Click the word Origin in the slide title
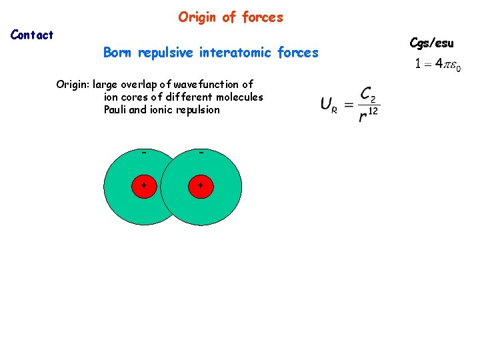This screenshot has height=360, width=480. click(198, 17)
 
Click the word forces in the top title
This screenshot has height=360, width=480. click(263, 17)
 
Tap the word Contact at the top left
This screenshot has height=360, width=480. click(32, 35)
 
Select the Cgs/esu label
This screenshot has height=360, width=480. click(431, 43)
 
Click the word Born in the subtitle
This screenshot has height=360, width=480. click(118, 53)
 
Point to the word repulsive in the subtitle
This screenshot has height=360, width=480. click(166, 53)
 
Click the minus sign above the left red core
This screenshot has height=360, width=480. click(143, 153)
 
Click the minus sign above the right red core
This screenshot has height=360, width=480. click(201, 153)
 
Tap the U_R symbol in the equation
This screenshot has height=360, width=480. click(327, 105)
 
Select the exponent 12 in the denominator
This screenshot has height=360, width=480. click(373, 111)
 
